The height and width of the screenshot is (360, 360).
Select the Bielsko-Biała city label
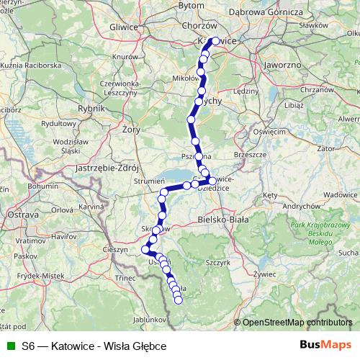[x=222, y=218]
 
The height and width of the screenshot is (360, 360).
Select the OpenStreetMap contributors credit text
[x=297, y=322]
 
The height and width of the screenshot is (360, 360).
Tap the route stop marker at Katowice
[x=215, y=41]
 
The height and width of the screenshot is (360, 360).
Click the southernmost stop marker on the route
[x=179, y=296]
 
